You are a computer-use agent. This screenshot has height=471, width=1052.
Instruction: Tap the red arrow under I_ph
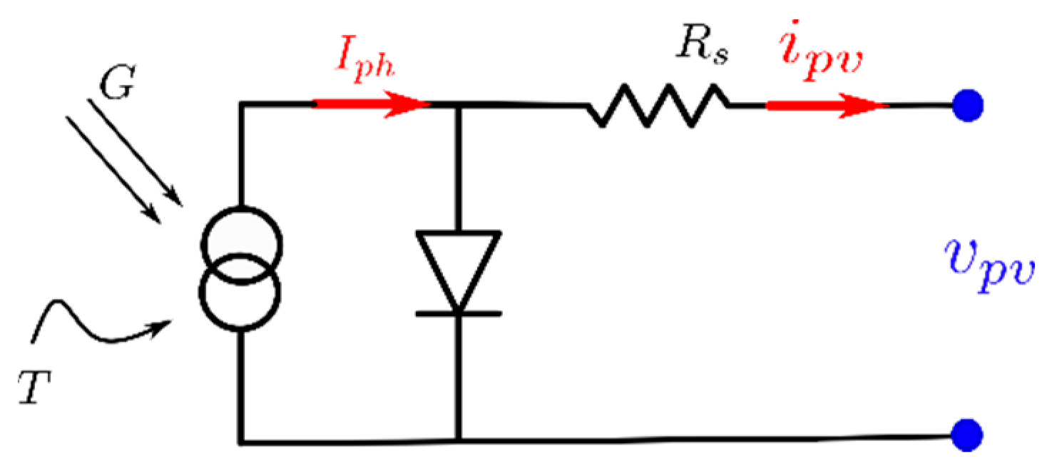[371, 105]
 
